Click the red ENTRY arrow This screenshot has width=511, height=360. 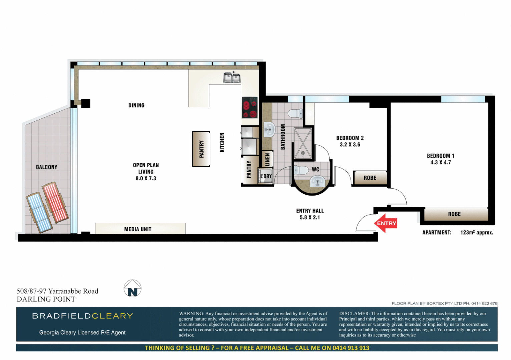(x=386, y=223)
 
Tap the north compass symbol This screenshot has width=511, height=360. (x=132, y=289)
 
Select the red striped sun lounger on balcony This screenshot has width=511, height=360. (x=55, y=202)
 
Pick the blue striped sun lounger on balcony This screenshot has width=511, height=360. (x=39, y=213)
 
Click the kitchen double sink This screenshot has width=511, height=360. (x=232, y=78)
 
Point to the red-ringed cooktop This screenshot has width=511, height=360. (x=250, y=108)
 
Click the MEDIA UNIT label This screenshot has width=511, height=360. (x=138, y=229)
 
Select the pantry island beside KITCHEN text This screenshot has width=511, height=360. (x=201, y=149)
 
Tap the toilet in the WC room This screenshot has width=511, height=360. (x=301, y=170)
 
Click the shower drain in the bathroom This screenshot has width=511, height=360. (x=303, y=153)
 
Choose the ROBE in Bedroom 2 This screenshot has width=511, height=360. (x=370, y=178)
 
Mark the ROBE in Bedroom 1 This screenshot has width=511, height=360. (x=454, y=214)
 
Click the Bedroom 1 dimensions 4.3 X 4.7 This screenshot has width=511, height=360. (x=441, y=163)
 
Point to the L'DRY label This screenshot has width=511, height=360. (x=266, y=176)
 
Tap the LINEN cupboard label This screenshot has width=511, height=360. (x=267, y=160)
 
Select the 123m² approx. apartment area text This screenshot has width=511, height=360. (x=476, y=232)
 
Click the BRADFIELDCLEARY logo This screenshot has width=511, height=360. (x=82, y=316)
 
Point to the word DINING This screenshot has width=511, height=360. (x=136, y=105)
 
